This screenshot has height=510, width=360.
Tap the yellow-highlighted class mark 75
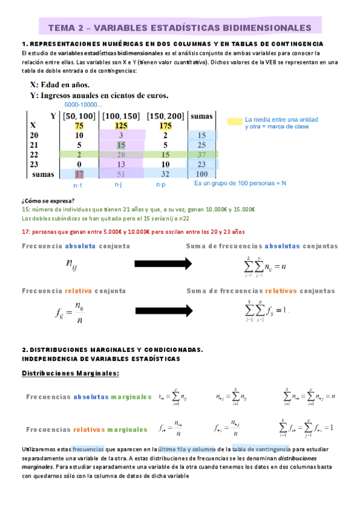pos(79,126)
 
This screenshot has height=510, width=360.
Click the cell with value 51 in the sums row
pos(121,174)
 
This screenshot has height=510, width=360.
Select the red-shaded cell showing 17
pos(79,174)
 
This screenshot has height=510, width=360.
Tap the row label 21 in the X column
pos(35,145)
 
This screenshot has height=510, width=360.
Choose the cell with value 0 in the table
pos(79,164)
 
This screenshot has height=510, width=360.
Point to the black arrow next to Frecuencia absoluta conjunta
pos(162,263)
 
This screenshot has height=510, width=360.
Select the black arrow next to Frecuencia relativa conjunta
pos(162,309)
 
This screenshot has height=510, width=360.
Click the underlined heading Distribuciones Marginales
pos(70,373)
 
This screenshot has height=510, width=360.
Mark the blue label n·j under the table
pos(118,186)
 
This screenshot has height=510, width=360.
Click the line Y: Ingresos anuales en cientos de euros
pos(99,95)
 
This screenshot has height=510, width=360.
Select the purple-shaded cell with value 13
pos(121,164)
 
